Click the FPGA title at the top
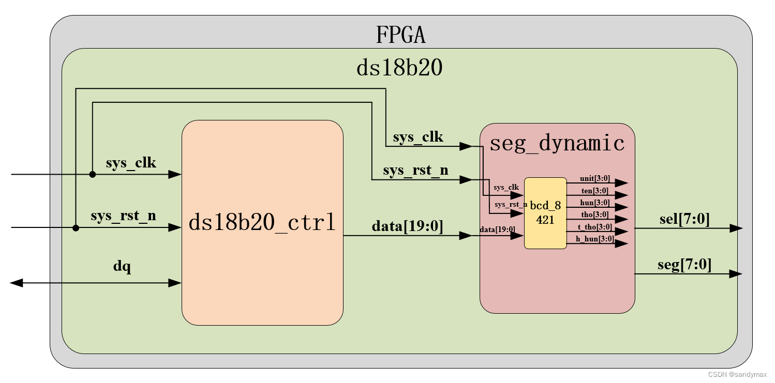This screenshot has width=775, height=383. coord(400,35)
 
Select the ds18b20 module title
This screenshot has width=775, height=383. coord(399,68)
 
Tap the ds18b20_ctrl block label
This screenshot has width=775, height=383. coord(262,223)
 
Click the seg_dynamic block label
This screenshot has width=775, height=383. coord(557,143)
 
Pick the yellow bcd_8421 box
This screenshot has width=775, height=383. coord(545,212)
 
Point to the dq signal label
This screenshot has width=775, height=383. coord(122,267)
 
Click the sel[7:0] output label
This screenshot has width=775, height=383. coord(684,219)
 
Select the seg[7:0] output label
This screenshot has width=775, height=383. coord(684,265)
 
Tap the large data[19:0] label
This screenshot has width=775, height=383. coord(407,226)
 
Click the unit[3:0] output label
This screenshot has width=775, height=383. coord(594,178)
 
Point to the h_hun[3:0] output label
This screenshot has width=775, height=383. coord(594,239)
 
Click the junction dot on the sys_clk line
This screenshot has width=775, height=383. coord(93,175)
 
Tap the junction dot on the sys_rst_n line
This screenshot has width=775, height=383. coord(76,228)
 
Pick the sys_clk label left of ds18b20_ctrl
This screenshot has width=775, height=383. coord(131,163)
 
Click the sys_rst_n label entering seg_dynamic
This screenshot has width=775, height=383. coord(415,170)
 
